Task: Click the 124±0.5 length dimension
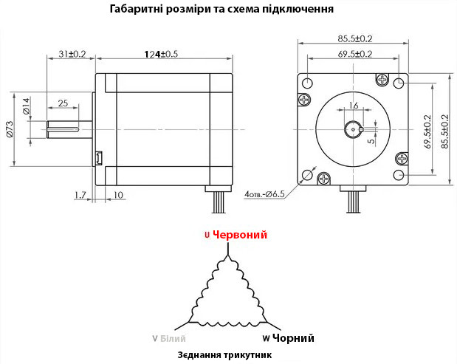coord(161,54)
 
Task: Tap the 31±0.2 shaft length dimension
coord(72,54)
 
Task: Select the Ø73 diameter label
coord(9,129)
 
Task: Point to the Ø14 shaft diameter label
coord(26,106)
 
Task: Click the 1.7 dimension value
coord(80,195)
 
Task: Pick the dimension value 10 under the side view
coord(118,195)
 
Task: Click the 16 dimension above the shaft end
coord(353,105)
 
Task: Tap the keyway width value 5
coord(371,141)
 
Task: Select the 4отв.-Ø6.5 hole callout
coord(264,193)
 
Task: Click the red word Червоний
coord(240,234)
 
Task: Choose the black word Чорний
coord(294,338)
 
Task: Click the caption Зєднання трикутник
coord(224,355)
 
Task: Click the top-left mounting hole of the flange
coord(307,83)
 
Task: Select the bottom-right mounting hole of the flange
coord(399,175)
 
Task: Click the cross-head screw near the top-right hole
coord(382,79)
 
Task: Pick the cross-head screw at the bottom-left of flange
coord(323,179)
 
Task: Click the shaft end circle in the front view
coord(354,129)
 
